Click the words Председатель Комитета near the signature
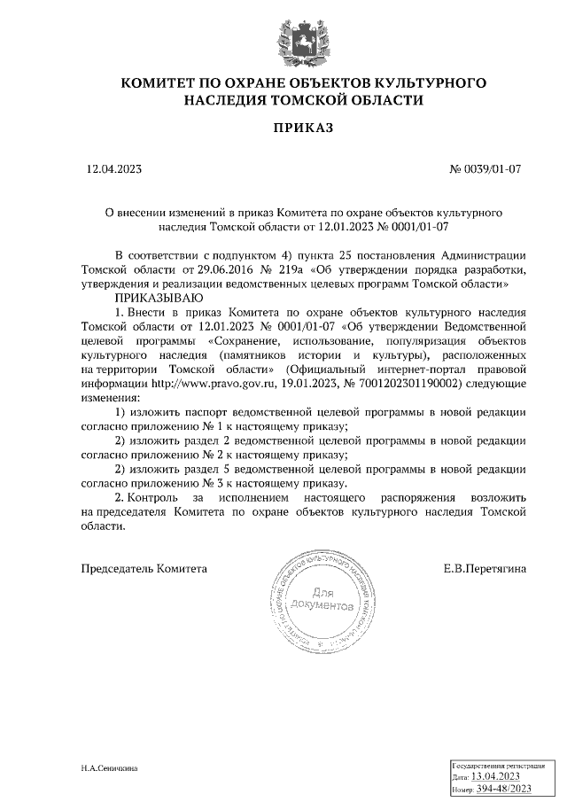click(144, 568)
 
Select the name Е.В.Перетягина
click(485, 568)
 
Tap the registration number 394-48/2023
click(505, 789)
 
